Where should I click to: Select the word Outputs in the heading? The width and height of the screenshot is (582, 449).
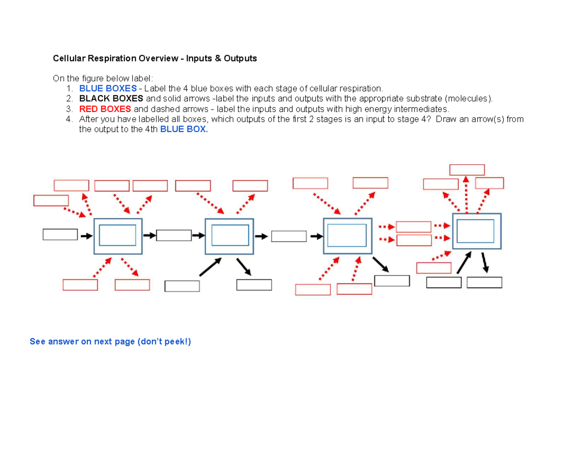(x=240, y=59)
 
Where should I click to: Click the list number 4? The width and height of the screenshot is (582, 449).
(x=69, y=119)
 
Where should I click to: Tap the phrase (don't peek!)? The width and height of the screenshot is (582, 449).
(x=164, y=342)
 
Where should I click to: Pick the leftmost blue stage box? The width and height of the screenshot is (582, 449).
(x=117, y=236)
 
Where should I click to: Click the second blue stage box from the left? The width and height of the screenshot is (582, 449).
(x=229, y=237)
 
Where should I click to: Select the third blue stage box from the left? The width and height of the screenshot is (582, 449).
(x=347, y=235)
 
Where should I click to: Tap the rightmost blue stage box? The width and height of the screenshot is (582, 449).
(x=476, y=231)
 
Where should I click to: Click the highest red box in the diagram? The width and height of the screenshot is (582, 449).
(x=467, y=170)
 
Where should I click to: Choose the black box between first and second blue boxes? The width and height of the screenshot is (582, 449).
(x=174, y=235)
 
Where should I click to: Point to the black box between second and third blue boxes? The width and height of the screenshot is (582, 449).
(x=289, y=236)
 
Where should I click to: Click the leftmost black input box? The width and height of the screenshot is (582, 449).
(x=60, y=234)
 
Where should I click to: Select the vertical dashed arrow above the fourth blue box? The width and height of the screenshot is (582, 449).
(x=466, y=195)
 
